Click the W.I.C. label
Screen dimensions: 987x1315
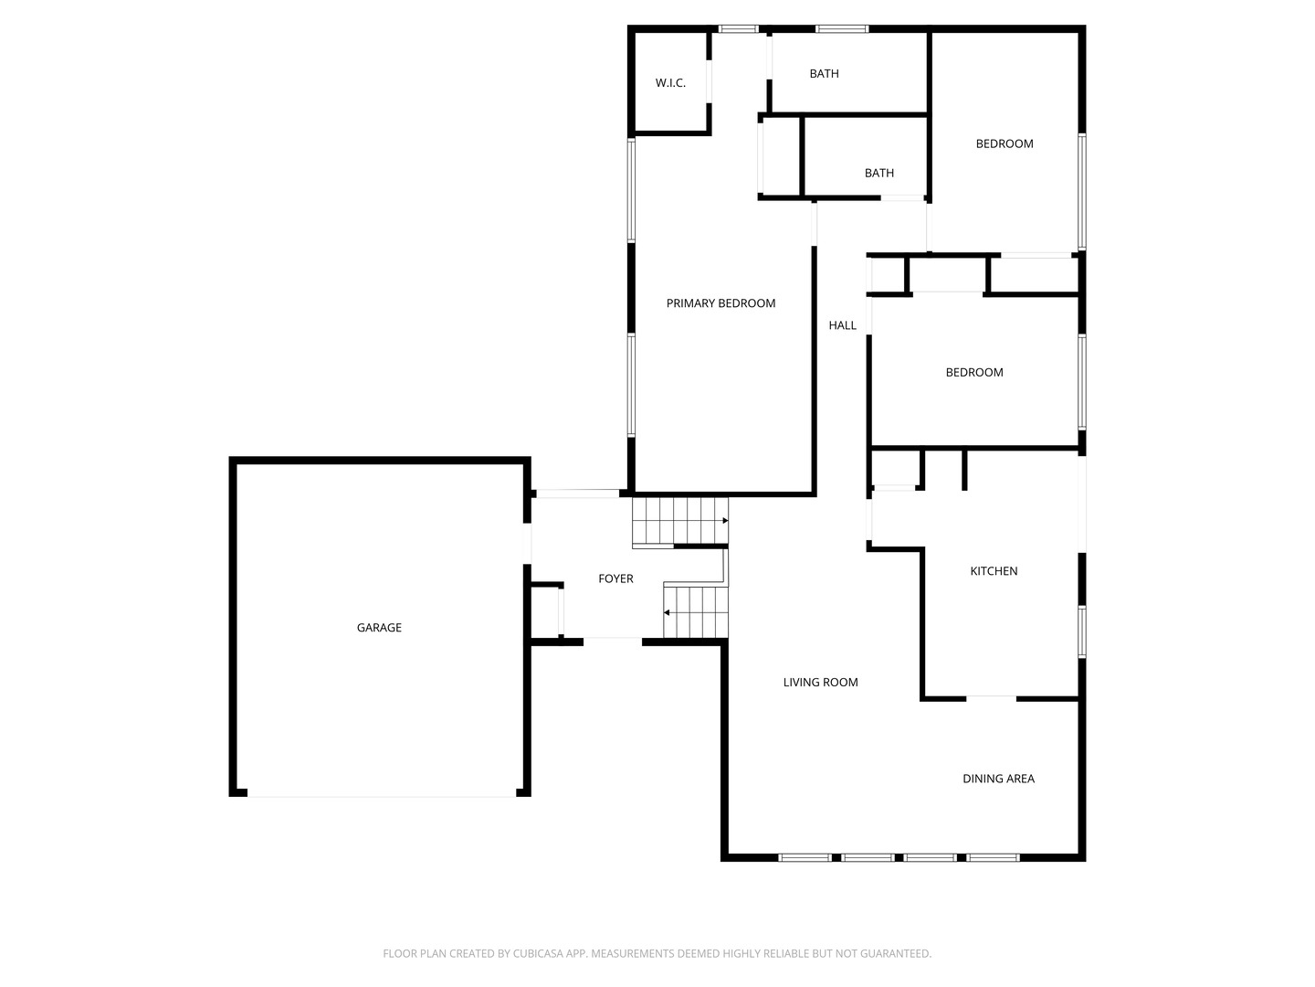pyautogui.click(x=670, y=83)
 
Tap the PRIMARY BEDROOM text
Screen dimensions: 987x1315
pyautogui.click(x=721, y=303)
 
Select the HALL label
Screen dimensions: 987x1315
pyautogui.click(x=842, y=325)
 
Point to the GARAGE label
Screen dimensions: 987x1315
pyautogui.click(x=379, y=628)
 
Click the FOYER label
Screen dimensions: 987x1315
pyautogui.click(x=615, y=578)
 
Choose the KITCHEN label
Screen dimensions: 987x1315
pyautogui.click(x=994, y=571)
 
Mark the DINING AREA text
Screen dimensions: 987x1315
pyautogui.click(x=998, y=779)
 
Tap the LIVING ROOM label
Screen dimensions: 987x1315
pyautogui.click(x=820, y=682)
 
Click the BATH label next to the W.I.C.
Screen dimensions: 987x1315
pyautogui.click(x=824, y=74)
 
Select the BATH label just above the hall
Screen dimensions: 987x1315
pyautogui.click(x=878, y=173)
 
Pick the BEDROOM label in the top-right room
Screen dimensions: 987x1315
pyautogui.click(x=1005, y=143)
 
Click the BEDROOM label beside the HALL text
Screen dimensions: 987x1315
pyautogui.click(x=973, y=372)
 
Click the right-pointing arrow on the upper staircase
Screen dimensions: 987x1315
pyautogui.click(x=724, y=521)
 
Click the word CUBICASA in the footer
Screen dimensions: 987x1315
pyautogui.click(x=539, y=953)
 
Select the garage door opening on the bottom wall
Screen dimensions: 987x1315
pyautogui.click(x=381, y=795)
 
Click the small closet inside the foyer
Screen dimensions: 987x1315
pyautogui.click(x=545, y=610)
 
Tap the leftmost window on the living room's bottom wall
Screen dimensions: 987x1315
pyautogui.click(x=805, y=857)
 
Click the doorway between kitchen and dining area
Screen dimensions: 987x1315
pyautogui.click(x=991, y=698)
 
